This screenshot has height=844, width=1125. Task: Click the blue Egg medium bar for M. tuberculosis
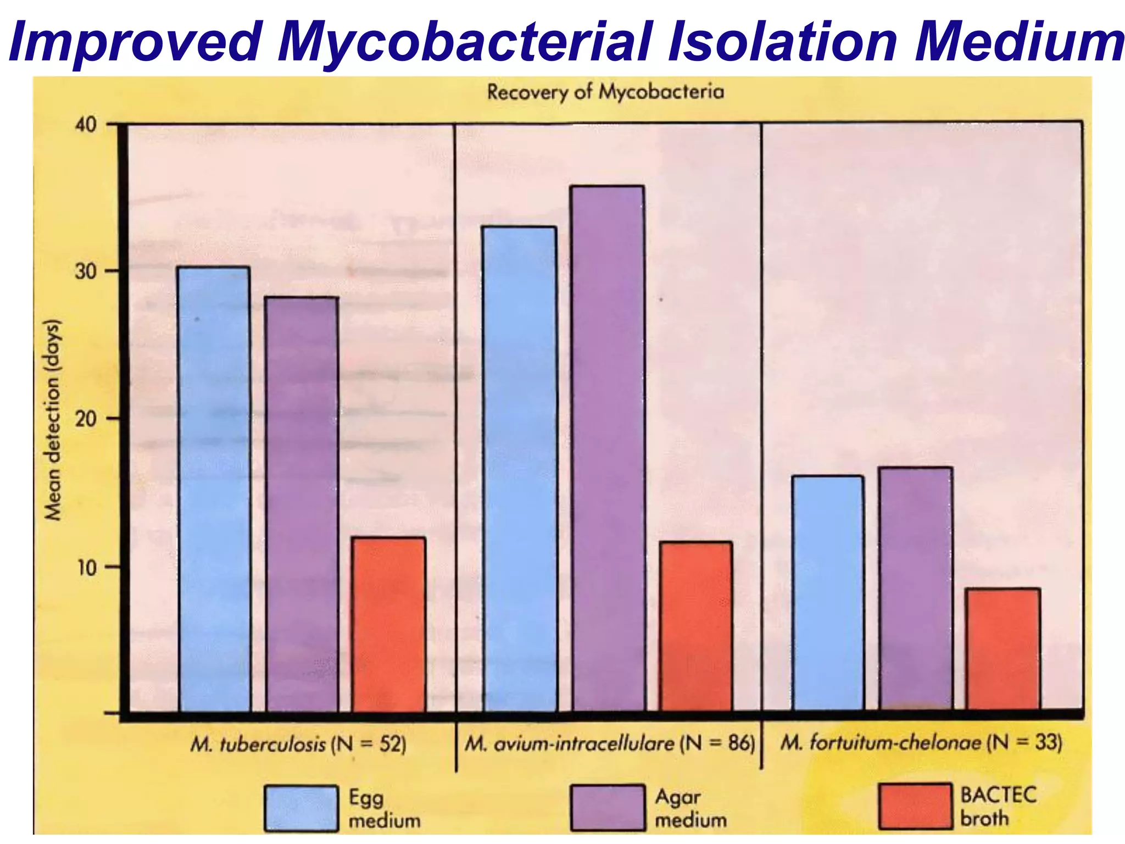pos(214,489)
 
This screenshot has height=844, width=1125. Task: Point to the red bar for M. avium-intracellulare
pos(696,626)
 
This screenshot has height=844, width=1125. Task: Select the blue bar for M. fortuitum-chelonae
pos(828,593)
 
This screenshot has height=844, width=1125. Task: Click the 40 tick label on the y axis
pos(86,125)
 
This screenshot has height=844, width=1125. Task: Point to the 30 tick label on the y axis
pos(86,271)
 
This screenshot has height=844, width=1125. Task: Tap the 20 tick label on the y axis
pos(86,419)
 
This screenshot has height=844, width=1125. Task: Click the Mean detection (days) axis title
pos(53,420)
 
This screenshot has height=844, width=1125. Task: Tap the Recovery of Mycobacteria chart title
pos(605,92)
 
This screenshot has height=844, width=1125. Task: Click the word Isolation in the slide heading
pos(782,41)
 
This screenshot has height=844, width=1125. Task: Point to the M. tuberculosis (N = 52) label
pos(298,745)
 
